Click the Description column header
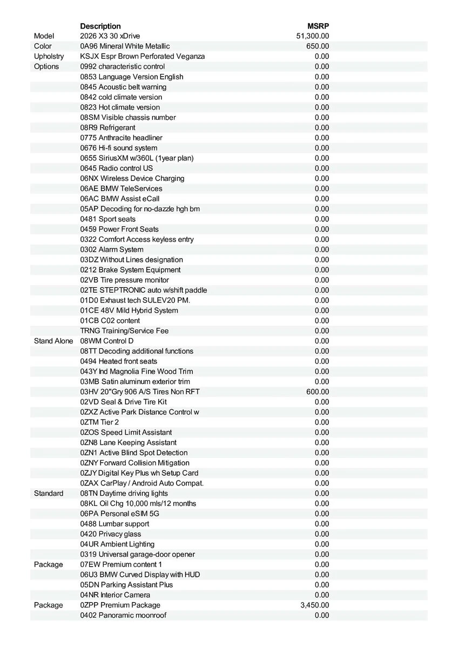pyautogui.click(x=100, y=26)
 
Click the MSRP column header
pyautogui.click(x=318, y=26)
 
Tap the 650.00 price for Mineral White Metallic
pyautogui.click(x=318, y=46)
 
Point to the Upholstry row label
pyautogui.click(x=49, y=56)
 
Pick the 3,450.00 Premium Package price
pyautogui.click(x=314, y=605)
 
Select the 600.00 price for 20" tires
pyautogui.click(x=318, y=391)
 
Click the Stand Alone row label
pyautogui.click(x=53, y=341)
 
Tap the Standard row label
pyautogui.click(x=49, y=493)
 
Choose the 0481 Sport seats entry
pyautogui.click(x=108, y=219)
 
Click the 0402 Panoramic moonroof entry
pyautogui.click(x=123, y=615)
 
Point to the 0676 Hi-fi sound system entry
pyautogui.click(x=119, y=148)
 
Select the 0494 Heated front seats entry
pyautogui.click(x=119, y=361)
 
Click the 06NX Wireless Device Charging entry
pyautogui.click(x=132, y=178)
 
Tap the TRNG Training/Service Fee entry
pyautogui.click(x=125, y=330)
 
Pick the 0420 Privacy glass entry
pyautogui.click(x=111, y=534)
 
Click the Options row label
pyautogui.click(x=46, y=66)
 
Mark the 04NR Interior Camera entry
pyautogui.click(x=115, y=595)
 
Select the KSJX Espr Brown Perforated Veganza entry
pyautogui.click(x=143, y=56)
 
